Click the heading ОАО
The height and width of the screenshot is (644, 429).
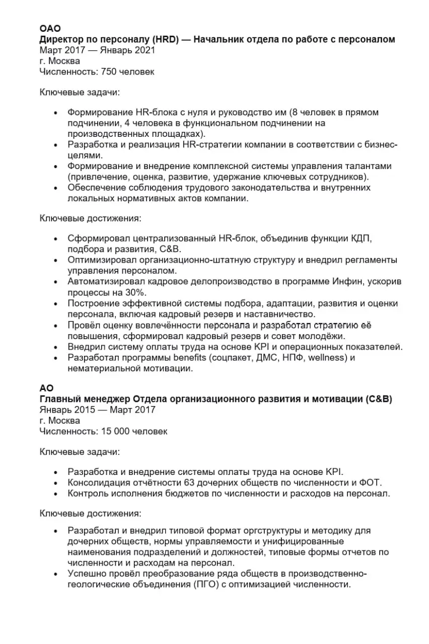tap(50, 29)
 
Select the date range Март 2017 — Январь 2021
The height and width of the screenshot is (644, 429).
tap(97, 50)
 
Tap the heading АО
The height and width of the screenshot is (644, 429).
tap(46, 388)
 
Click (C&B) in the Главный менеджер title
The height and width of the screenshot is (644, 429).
tap(378, 399)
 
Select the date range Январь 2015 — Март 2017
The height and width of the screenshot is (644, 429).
tap(97, 410)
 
